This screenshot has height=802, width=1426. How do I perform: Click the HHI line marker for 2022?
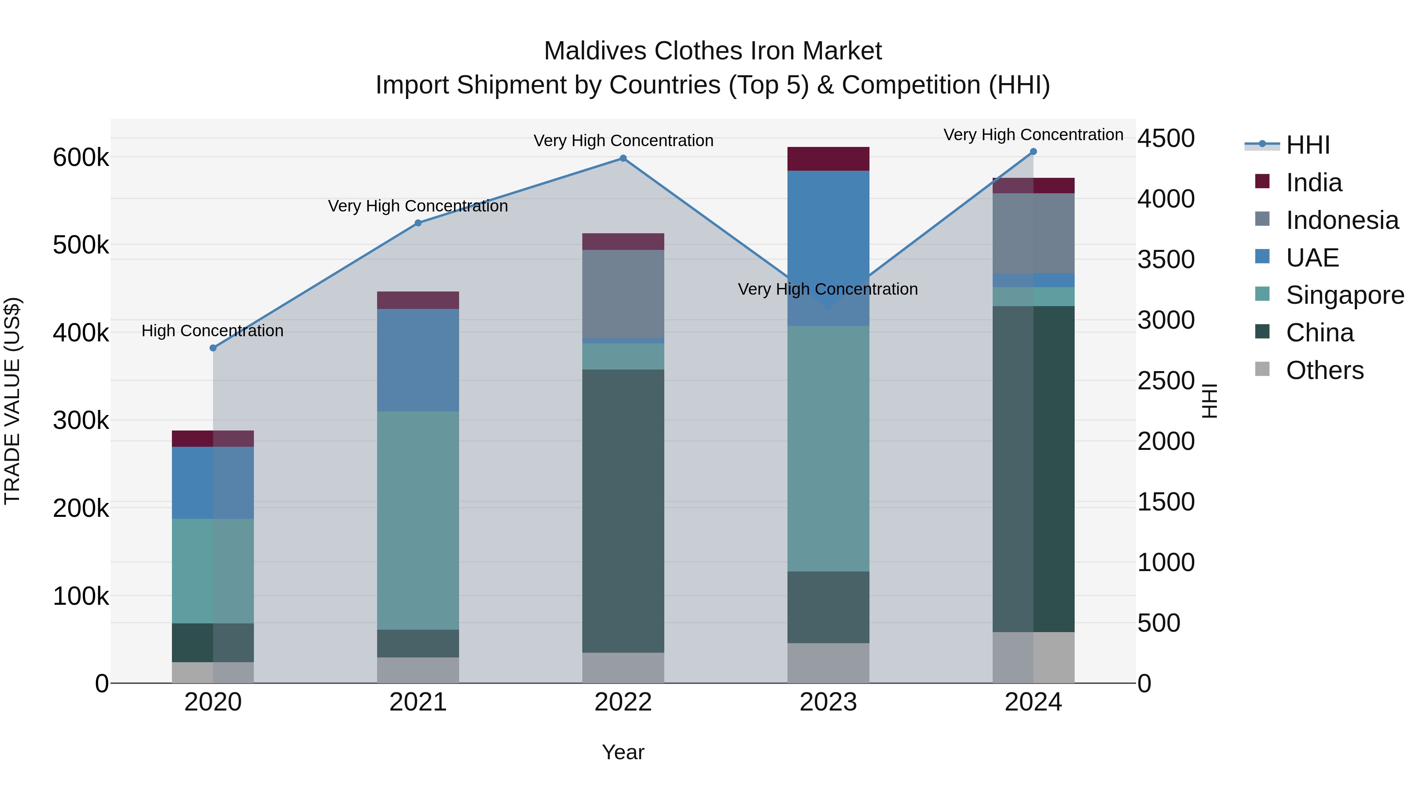[623, 158]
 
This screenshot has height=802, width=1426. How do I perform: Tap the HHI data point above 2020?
[213, 348]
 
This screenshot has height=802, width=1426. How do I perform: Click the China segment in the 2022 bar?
[623, 509]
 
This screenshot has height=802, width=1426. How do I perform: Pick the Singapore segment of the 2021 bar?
[418, 520]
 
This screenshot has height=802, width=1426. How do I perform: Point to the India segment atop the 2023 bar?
[828, 159]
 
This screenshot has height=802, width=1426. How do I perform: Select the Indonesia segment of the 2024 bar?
[1033, 233]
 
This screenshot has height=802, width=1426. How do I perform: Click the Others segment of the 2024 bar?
[1033, 657]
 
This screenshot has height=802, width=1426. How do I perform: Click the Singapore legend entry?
[1344, 295]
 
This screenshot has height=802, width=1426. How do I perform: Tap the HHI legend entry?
[1307, 145]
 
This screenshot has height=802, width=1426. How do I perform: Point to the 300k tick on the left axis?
[81, 421]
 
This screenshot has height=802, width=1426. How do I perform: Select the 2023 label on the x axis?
[828, 702]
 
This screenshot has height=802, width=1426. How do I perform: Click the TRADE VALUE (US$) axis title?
[12, 401]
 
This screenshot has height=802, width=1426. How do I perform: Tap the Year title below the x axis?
[623, 752]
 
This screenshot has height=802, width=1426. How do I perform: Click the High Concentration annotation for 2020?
[213, 331]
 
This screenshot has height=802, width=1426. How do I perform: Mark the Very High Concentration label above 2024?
[1033, 135]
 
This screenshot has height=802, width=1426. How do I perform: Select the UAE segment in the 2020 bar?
[213, 483]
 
